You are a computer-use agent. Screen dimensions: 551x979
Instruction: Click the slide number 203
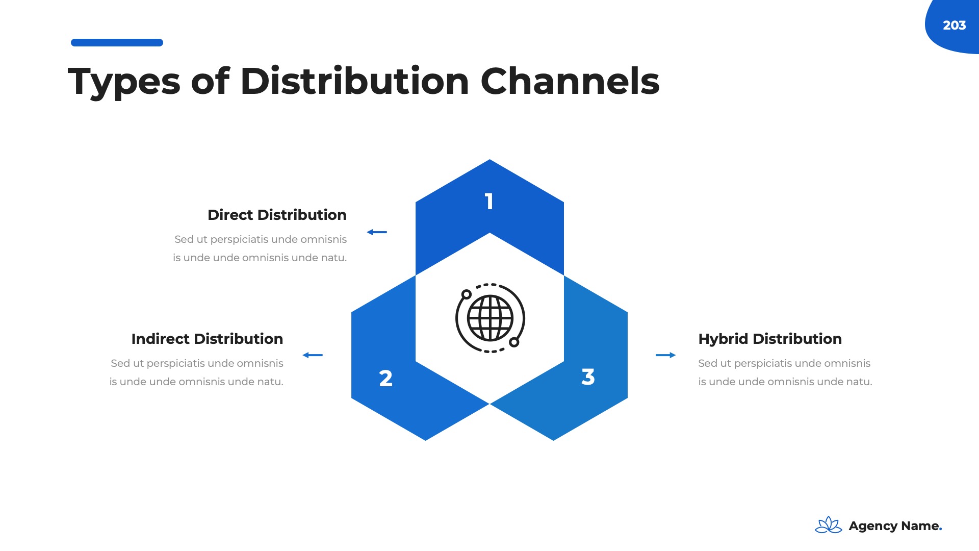pyautogui.click(x=954, y=26)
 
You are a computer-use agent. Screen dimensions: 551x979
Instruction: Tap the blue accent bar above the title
pyautogui.click(x=117, y=43)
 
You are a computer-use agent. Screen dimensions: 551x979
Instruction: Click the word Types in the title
pyautogui.click(x=124, y=82)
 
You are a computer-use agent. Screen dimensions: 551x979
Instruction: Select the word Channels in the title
pyautogui.click(x=570, y=82)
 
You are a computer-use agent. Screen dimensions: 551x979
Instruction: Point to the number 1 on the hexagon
pyautogui.click(x=489, y=202)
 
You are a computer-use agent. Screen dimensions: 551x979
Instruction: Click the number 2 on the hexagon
pyautogui.click(x=386, y=379)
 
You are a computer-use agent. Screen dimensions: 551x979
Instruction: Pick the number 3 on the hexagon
pyautogui.click(x=588, y=377)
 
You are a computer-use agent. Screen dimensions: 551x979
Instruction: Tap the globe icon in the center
pyautogui.click(x=490, y=318)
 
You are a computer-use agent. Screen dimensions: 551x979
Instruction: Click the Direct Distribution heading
pyautogui.click(x=277, y=215)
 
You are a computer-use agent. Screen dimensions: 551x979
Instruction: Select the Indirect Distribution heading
pyautogui.click(x=207, y=339)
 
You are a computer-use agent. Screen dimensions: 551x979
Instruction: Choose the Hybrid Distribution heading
pyautogui.click(x=770, y=339)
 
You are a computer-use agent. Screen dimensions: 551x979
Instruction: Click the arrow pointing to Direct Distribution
pyautogui.click(x=377, y=232)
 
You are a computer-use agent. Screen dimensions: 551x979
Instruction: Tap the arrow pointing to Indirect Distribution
pyautogui.click(x=313, y=355)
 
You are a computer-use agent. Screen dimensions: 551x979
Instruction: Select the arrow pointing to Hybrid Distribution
pyautogui.click(x=665, y=355)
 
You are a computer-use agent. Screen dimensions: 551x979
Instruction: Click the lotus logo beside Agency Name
pyautogui.click(x=828, y=525)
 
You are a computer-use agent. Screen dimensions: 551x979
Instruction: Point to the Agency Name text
pyautogui.click(x=895, y=526)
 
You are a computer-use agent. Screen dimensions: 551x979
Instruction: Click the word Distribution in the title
pyautogui.click(x=354, y=82)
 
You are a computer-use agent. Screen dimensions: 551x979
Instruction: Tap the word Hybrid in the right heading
pyautogui.click(x=723, y=339)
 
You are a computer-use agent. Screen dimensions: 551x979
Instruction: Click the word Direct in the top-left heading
pyautogui.click(x=230, y=215)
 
